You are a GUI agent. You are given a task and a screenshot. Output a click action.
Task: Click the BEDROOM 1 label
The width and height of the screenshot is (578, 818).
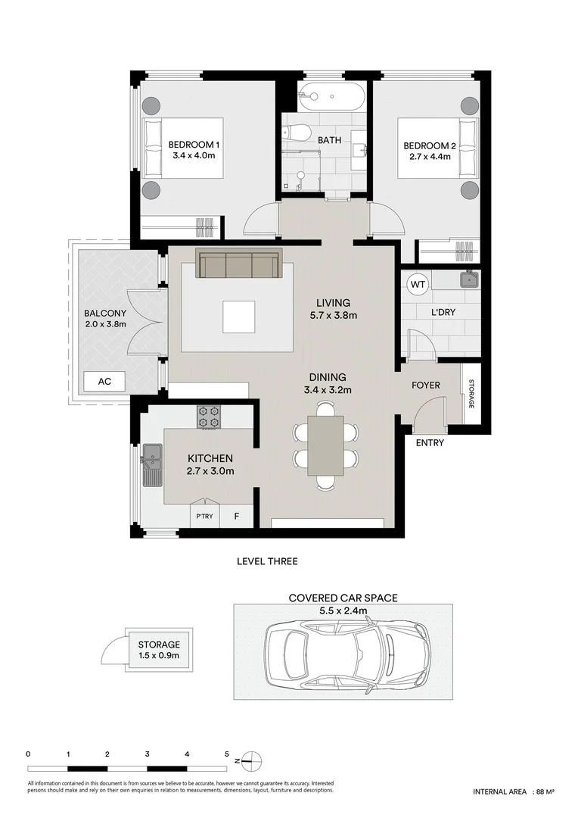pyautogui.click(x=194, y=145)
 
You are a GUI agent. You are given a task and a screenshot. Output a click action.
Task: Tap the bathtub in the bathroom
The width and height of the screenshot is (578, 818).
pyautogui.click(x=331, y=96)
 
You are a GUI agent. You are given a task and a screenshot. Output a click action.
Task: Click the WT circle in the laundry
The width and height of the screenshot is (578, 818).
pyautogui.click(x=417, y=285)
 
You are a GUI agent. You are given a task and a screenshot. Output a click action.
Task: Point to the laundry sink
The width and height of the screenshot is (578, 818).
pyautogui.click(x=469, y=279)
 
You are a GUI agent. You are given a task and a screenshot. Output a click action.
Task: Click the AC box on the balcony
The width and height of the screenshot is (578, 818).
pyautogui.click(x=104, y=382)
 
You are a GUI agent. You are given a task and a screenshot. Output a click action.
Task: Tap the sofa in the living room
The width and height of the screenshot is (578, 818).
pyautogui.click(x=239, y=264)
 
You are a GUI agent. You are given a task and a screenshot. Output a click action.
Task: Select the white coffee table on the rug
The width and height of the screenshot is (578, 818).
pyautogui.click(x=239, y=317)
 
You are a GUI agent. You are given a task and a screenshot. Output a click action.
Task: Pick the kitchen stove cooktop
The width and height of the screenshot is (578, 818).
pyautogui.click(x=209, y=417)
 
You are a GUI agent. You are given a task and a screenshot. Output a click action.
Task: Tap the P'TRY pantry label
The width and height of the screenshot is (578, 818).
pyautogui.click(x=204, y=517)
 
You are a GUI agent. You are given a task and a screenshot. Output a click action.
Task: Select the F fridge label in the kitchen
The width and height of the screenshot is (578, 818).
pyautogui.click(x=237, y=517)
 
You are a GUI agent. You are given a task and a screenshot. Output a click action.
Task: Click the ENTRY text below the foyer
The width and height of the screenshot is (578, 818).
pyautogui.click(x=430, y=443)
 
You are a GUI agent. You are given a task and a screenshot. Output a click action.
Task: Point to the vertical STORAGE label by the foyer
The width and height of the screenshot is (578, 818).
pyautogui.click(x=471, y=394)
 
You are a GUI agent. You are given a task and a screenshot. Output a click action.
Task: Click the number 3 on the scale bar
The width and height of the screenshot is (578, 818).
pyautogui.click(x=147, y=754)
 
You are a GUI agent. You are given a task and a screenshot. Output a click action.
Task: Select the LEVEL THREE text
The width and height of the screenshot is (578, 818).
pyautogui.click(x=267, y=561)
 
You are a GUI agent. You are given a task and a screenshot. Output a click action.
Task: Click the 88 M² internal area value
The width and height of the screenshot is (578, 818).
pyautogui.click(x=545, y=791)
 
